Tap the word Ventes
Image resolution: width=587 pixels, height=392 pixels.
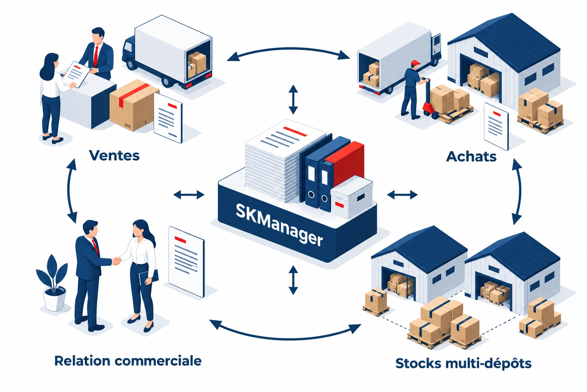tap(114, 155)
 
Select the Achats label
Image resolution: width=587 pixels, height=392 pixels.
tap(471, 157)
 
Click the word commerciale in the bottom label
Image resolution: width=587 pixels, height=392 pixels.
tap(158, 361)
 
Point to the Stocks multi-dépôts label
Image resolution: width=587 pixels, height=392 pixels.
tap(463, 364)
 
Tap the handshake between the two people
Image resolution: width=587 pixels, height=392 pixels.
tap(117, 261)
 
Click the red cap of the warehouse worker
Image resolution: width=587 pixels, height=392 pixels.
tap(415, 63)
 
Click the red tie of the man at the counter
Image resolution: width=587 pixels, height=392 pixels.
tap(96, 56)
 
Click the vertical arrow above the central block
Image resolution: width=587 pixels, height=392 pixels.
tap(293, 100)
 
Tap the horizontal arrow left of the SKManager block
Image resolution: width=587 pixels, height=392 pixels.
tap(189, 195)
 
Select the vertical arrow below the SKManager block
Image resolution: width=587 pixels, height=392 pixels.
tap(293, 280)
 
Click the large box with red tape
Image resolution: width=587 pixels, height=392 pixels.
tap(134, 105)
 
